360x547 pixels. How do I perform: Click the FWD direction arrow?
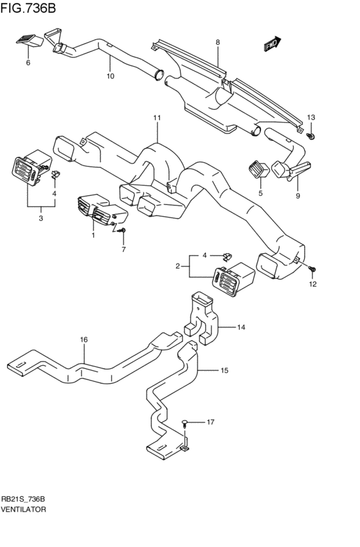pyautogui.click(x=272, y=44)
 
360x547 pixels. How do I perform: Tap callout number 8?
pyautogui.click(x=218, y=42)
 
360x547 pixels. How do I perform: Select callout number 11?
pyautogui.click(x=157, y=118)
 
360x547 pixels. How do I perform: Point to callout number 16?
pyautogui.click(x=84, y=339)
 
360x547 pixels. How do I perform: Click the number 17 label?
pyautogui.click(x=210, y=422)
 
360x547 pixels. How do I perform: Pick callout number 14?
pyautogui.click(x=241, y=327)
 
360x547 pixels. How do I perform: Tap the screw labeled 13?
pyautogui.click(x=310, y=136)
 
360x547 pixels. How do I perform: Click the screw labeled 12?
pyautogui.click(x=312, y=269)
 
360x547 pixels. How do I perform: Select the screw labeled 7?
pyautogui.click(x=122, y=230)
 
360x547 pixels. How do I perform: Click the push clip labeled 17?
pyautogui.click(x=184, y=424)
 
